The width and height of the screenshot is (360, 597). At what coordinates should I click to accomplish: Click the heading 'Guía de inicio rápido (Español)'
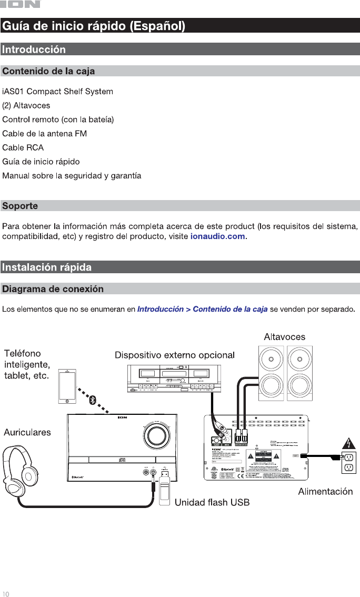94,25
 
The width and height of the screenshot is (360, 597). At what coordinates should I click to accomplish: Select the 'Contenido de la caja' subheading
49,71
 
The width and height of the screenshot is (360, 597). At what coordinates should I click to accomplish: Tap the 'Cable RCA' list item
23,147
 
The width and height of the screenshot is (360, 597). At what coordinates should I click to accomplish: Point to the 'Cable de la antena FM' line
45,134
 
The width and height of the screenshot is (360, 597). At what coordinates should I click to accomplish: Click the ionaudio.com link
217,236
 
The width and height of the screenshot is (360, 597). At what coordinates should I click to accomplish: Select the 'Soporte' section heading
20,206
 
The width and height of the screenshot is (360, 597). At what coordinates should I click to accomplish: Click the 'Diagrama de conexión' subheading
53,289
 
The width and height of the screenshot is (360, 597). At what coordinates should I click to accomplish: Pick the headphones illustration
22,463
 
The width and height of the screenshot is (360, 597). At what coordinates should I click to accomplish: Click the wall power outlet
348,462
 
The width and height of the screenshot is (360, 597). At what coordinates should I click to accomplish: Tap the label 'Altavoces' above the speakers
284,336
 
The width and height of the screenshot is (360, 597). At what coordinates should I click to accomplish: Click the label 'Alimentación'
325,492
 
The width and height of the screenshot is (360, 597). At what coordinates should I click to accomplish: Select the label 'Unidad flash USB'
212,503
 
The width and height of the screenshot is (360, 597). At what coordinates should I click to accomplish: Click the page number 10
6,593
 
